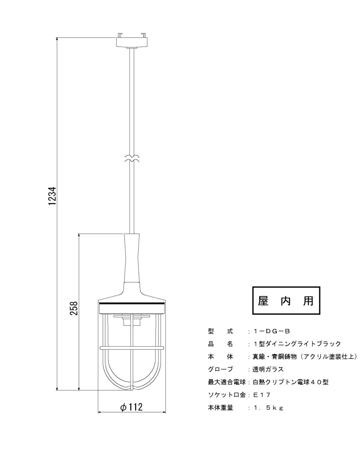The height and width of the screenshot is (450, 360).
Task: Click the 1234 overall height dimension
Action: coord(52,196)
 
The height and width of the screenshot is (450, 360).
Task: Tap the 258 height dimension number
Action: coord(74,308)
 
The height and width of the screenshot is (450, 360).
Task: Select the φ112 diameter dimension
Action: coord(131,407)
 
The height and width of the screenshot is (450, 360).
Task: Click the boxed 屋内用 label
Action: coord(286,301)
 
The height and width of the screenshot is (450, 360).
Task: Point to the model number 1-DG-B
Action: coord(272,331)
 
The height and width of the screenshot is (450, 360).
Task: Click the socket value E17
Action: coord(262,395)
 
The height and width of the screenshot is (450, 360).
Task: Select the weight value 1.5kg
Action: coord(268,407)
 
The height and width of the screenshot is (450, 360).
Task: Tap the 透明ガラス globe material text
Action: coord(268,369)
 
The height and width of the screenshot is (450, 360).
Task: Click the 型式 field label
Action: coord(220,331)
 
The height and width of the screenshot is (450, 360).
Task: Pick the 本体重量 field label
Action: coord(220,407)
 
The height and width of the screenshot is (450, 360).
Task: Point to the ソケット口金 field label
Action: coord(227,395)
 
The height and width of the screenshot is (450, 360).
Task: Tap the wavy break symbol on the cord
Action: coord(132,158)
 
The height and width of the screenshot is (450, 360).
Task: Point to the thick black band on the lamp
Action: coord(132,303)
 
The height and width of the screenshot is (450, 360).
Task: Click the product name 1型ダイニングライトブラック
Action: coord(297,344)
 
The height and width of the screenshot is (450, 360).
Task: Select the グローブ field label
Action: coord(220,369)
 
